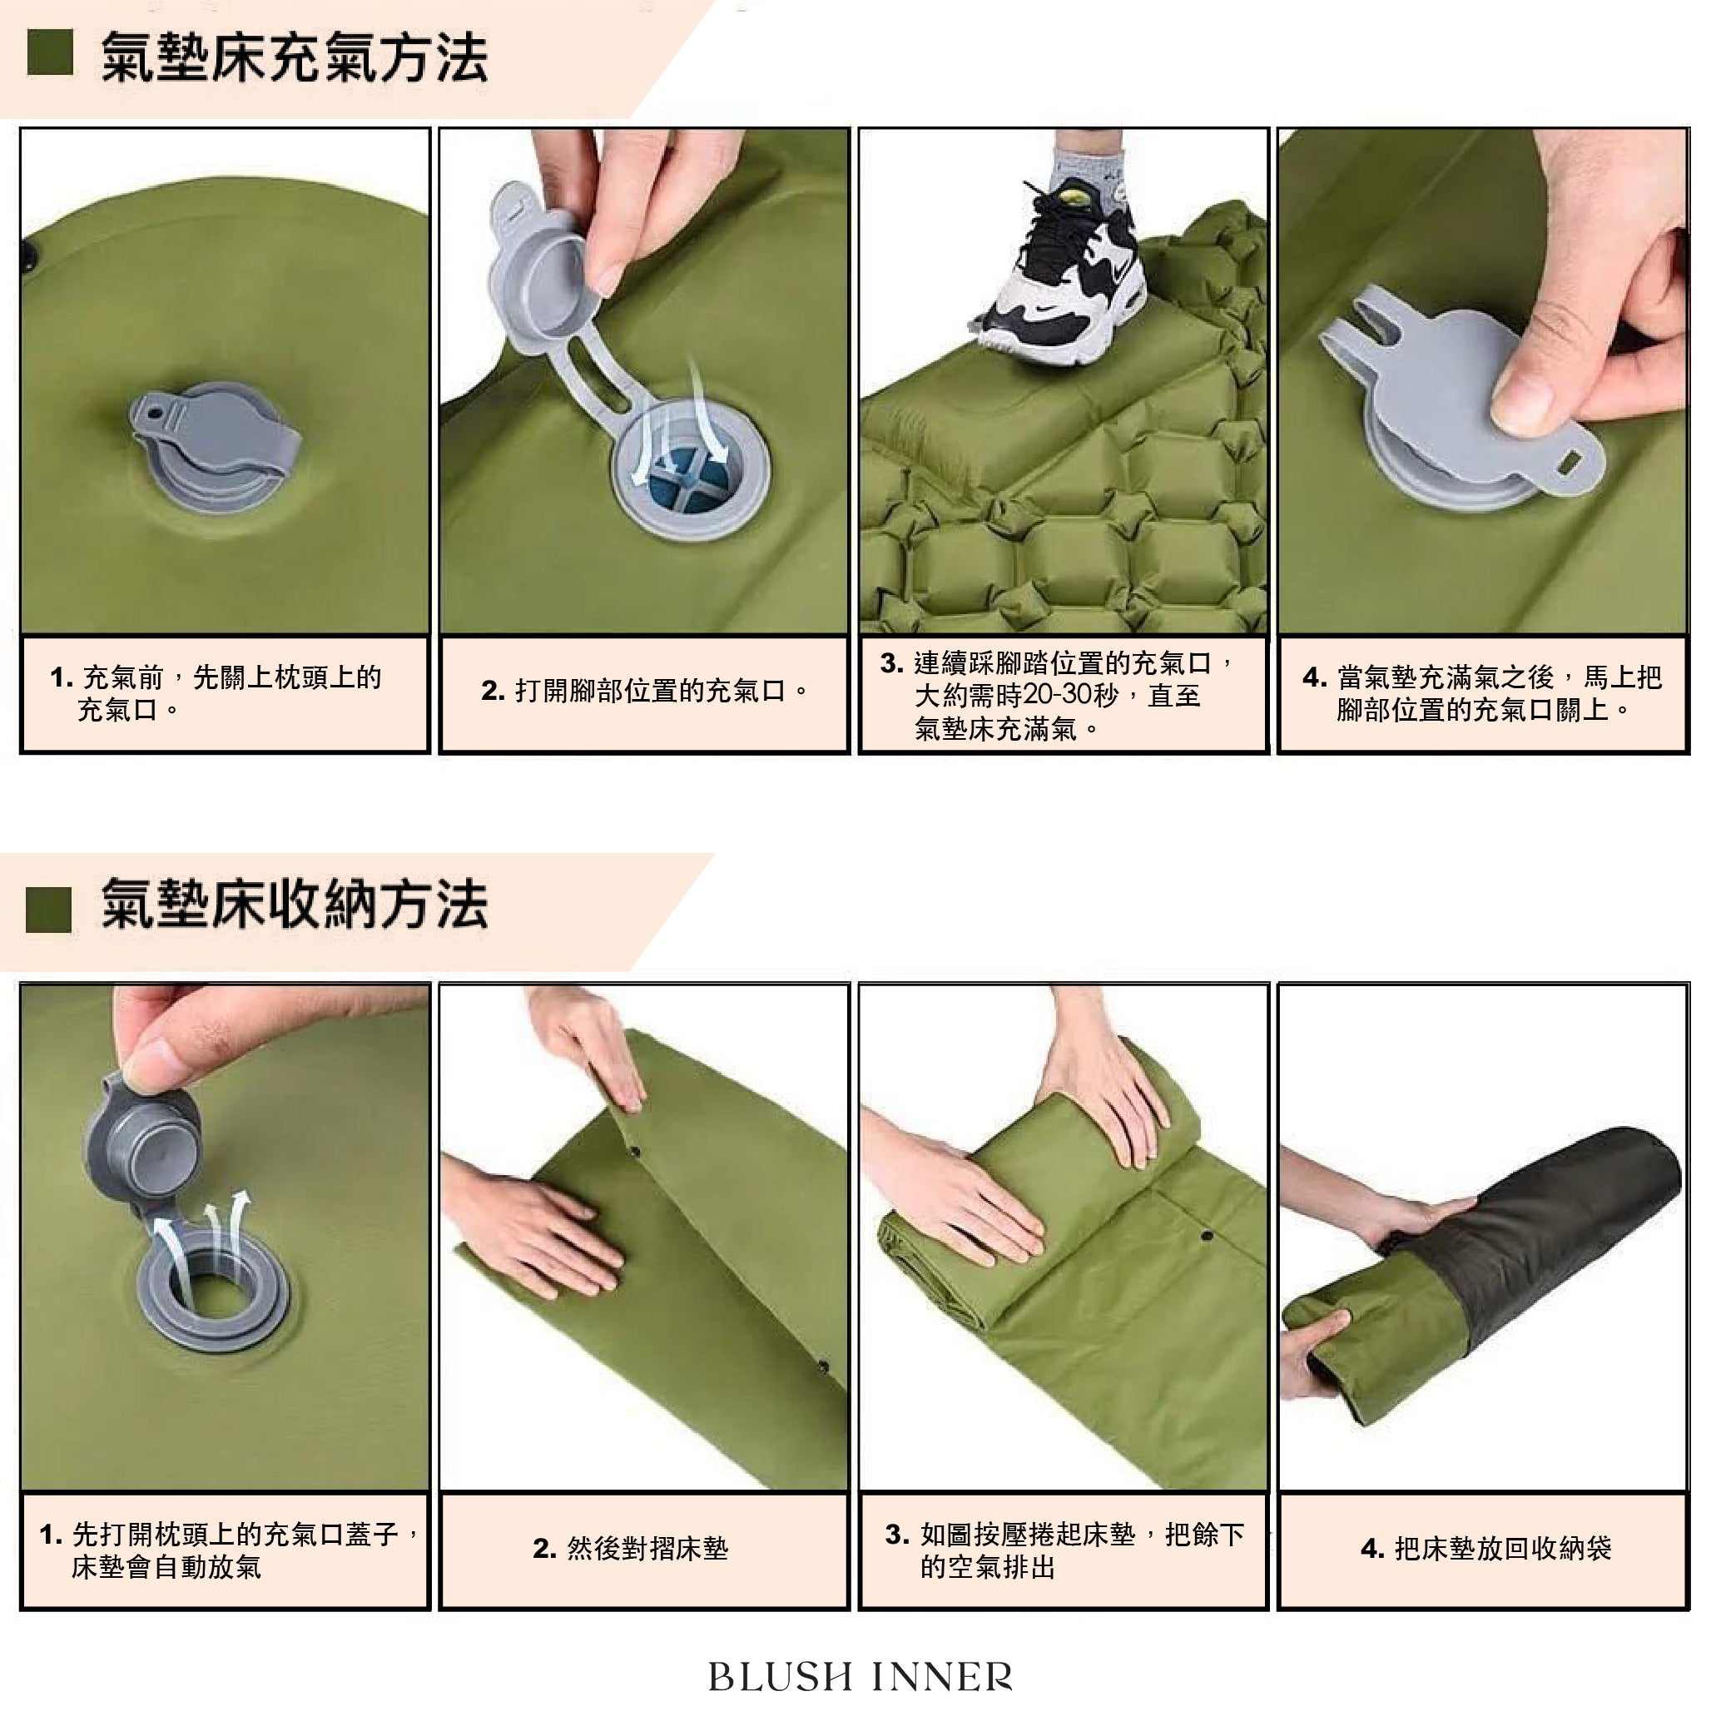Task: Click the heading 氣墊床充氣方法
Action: pyautogui.click(x=294, y=59)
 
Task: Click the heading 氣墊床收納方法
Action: pyautogui.click(x=294, y=905)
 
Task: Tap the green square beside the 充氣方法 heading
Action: pyautogui.click(x=50, y=52)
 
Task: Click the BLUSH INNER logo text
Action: pyautogui.click(x=860, y=1676)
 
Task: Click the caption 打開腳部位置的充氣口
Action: pyautogui.click(x=644, y=691)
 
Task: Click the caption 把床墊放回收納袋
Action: pyautogui.click(x=1485, y=1549)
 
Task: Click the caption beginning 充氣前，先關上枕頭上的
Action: pyautogui.click(x=216, y=694)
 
